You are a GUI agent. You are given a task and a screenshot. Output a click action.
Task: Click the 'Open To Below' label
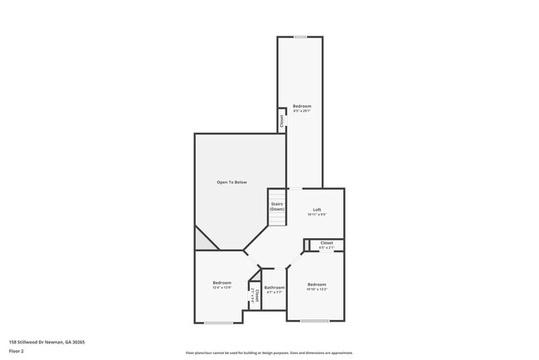point(231,182)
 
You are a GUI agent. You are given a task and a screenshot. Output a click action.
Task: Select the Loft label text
point(317,209)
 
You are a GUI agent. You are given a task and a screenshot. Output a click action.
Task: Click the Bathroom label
point(274,288)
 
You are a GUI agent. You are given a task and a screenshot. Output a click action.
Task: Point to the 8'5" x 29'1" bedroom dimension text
point(302,112)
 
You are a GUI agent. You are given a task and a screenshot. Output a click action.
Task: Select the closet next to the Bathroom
point(256,296)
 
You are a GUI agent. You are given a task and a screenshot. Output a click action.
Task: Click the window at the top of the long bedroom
point(300,36)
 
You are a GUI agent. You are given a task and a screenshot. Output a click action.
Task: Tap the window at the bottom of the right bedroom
point(315,320)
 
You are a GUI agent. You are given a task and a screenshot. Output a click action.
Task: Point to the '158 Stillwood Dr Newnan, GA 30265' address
point(47,342)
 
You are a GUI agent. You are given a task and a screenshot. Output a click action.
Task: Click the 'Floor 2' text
point(17,351)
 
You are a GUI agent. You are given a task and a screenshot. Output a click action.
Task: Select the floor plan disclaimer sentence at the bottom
point(269,352)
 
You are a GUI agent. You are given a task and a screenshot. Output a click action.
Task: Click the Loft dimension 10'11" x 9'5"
point(317,215)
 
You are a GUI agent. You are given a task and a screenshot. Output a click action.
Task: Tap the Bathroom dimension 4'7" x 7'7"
point(274,293)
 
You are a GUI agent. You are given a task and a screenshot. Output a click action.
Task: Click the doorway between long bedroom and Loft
point(294,188)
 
